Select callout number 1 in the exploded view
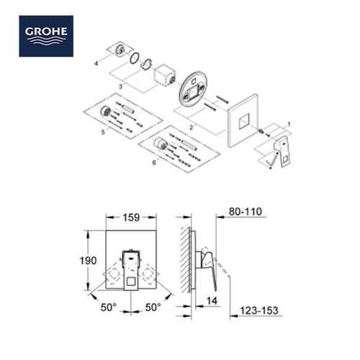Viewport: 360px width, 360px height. tap(289, 124)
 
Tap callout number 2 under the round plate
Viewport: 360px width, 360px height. tap(191, 125)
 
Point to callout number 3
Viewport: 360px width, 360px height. tap(121, 86)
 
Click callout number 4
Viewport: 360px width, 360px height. tap(94, 64)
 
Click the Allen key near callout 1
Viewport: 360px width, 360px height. tap(270, 164)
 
